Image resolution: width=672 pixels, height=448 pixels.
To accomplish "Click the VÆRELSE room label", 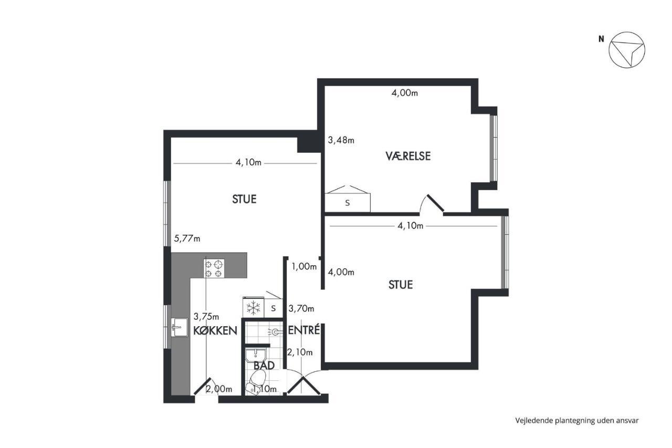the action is [408, 156].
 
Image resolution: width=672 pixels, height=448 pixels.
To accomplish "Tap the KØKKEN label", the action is [215, 331].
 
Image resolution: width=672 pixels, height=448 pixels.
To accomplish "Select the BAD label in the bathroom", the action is [264, 366].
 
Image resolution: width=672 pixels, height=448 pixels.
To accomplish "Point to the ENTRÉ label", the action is [304, 330].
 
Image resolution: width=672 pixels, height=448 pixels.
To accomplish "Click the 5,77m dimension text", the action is [187, 239].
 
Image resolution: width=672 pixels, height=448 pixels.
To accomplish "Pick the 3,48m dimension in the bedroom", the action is [341, 140].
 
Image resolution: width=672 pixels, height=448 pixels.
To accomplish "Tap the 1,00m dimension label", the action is [304, 266].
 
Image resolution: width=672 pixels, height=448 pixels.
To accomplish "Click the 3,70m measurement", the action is [301, 308].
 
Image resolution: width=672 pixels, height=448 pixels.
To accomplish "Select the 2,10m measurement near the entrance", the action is [300, 352].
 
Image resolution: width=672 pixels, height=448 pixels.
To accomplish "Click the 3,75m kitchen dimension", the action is [206, 316].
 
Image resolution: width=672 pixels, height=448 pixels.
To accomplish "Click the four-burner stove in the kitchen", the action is [214, 268].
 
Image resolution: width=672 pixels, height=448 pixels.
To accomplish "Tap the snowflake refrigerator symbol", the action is [253, 308].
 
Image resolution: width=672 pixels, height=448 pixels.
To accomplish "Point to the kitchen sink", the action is [180, 327].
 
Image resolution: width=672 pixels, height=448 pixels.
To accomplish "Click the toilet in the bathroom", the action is [257, 382].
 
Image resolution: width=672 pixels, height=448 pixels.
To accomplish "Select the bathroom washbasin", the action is [256, 356].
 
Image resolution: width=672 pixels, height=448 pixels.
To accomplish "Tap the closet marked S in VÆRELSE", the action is [348, 199].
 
